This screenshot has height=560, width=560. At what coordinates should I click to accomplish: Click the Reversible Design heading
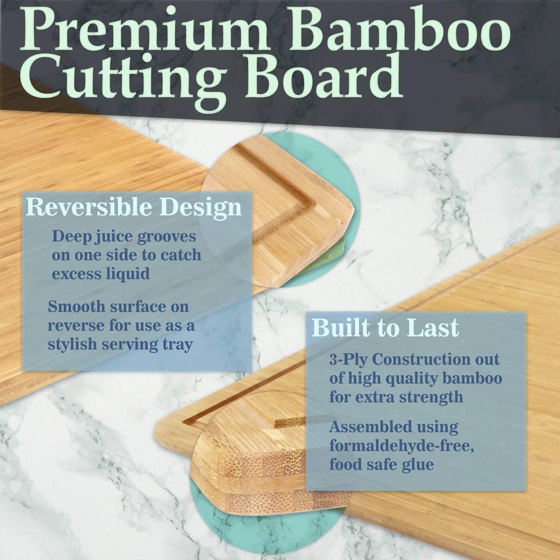pos(133,207)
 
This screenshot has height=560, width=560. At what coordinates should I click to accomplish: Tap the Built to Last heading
pos(385,328)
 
